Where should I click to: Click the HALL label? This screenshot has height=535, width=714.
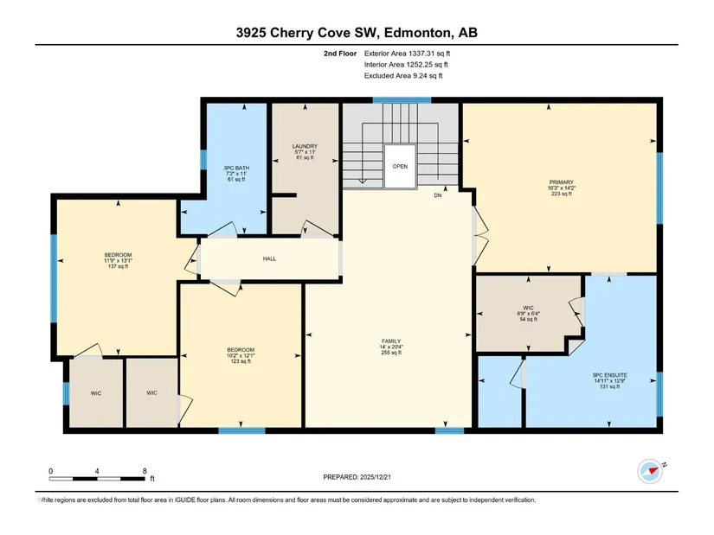pyautogui.click(x=269, y=258)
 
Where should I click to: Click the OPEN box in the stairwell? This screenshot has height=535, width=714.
pyautogui.click(x=400, y=167)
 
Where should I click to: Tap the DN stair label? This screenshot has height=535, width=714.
pyautogui.click(x=438, y=195)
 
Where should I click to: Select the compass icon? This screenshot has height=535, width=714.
pyautogui.click(x=650, y=471)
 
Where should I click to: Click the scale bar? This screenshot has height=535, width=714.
pyautogui.click(x=97, y=479)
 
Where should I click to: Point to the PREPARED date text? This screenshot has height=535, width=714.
pyautogui.click(x=357, y=477)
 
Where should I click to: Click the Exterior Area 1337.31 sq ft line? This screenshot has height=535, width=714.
pyautogui.click(x=407, y=54)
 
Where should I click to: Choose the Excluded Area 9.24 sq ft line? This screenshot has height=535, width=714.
pyautogui.click(x=403, y=76)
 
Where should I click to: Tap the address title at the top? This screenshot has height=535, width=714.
pyautogui.click(x=357, y=33)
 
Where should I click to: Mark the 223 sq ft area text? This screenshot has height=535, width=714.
pyautogui.click(x=562, y=194)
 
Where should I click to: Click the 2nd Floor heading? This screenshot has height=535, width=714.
pyautogui.click(x=340, y=54)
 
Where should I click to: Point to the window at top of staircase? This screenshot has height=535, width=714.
pyautogui.click(x=402, y=100)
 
